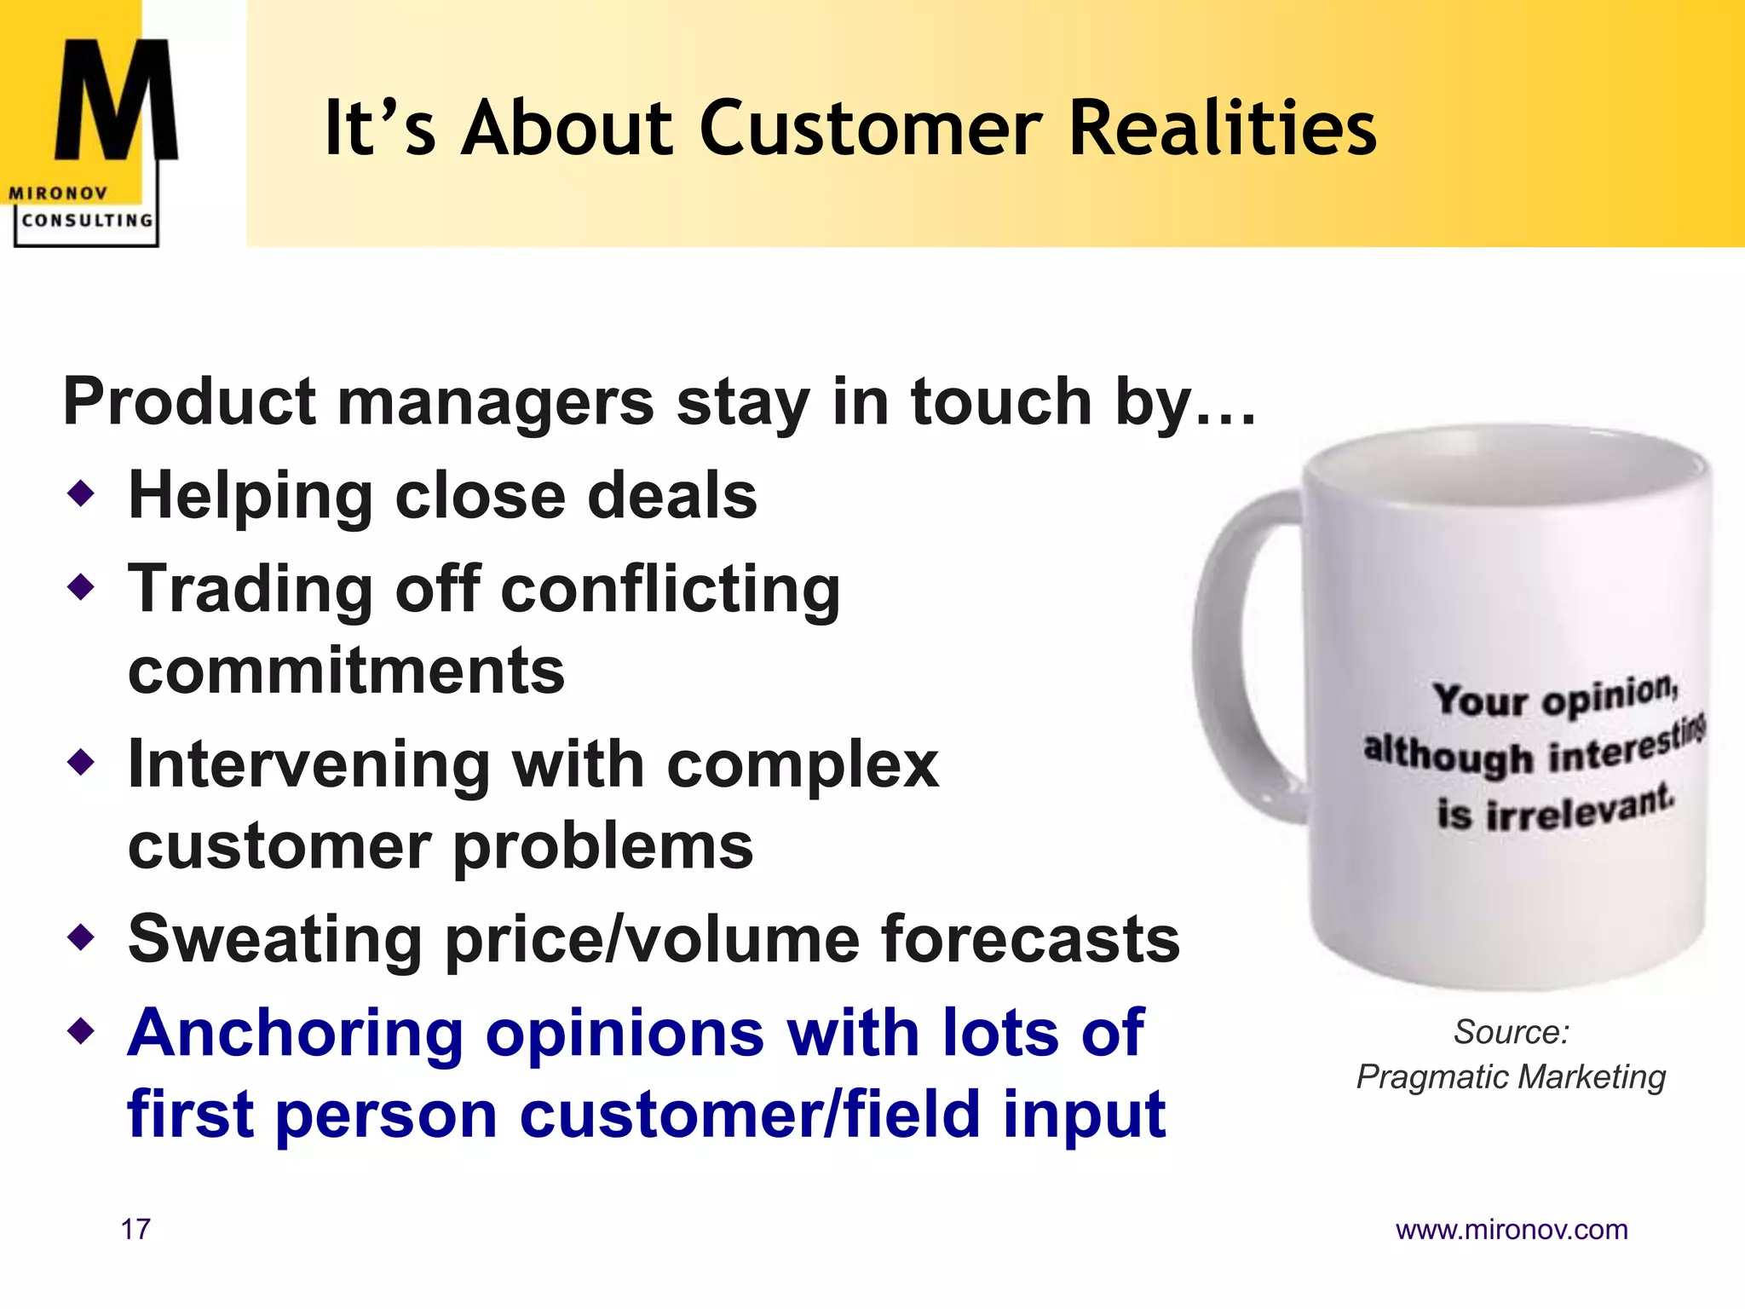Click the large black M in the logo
(x=116, y=101)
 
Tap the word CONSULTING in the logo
(x=87, y=221)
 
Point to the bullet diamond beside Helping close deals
(x=81, y=493)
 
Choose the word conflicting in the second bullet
(x=671, y=589)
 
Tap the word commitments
(x=346, y=671)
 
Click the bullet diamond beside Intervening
(x=81, y=762)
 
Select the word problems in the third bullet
(x=602, y=846)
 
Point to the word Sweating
(x=274, y=940)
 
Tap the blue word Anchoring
(x=295, y=1034)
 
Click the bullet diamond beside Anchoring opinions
(x=81, y=1031)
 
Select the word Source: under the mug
(x=1511, y=1032)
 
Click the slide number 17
(x=135, y=1230)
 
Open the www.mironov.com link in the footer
(x=1511, y=1230)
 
